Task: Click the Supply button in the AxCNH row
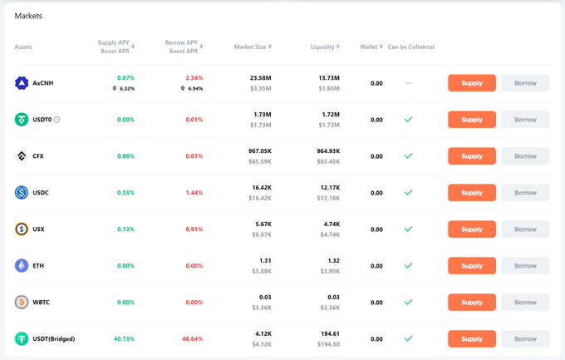pyautogui.click(x=471, y=83)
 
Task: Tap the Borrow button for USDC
pyautogui.click(x=525, y=192)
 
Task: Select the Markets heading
pyautogui.click(x=28, y=16)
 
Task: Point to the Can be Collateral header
pyautogui.click(x=410, y=47)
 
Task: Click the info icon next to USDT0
pyautogui.click(x=56, y=120)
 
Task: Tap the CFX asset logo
pyautogui.click(x=22, y=156)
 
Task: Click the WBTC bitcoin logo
pyautogui.click(x=22, y=302)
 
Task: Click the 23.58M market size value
pyautogui.click(x=261, y=78)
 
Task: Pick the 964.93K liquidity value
pyautogui.click(x=324, y=150)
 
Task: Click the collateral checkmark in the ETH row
pyautogui.click(x=408, y=265)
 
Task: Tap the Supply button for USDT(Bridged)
pyautogui.click(x=471, y=338)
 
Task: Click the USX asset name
pyautogui.click(x=38, y=229)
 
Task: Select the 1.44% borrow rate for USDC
pyautogui.click(x=194, y=192)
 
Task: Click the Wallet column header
pyautogui.click(x=369, y=47)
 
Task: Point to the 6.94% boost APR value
pyautogui.click(x=195, y=88)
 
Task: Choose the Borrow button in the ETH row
pyautogui.click(x=525, y=265)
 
